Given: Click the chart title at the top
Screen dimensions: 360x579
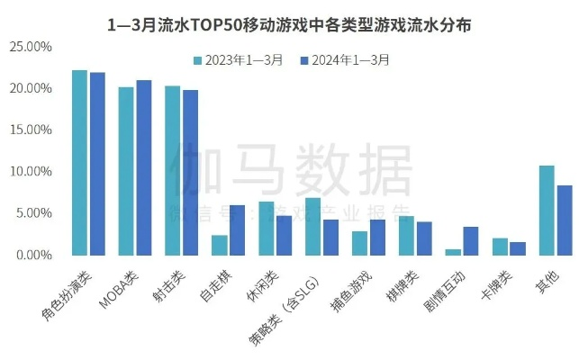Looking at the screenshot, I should click(x=289, y=25).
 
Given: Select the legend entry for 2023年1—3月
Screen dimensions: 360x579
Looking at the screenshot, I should click(x=239, y=60).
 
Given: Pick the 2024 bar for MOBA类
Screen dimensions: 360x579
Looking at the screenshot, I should click(x=142, y=167).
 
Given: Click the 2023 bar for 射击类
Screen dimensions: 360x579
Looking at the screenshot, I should click(x=173, y=170).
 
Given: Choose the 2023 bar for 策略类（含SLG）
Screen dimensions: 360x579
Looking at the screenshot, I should click(x=312, y=226).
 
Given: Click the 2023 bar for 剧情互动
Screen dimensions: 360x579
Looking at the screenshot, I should click(x=453, y=252).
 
